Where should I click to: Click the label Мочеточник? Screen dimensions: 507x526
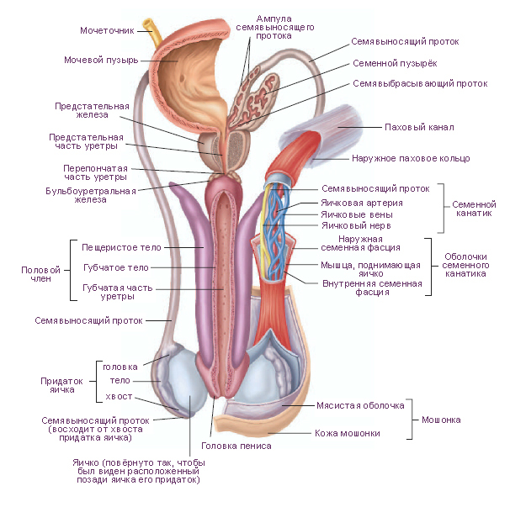pyautogui.click(x=106, y=31)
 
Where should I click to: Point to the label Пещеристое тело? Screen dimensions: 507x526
pyautogui.click(x=121, y=248)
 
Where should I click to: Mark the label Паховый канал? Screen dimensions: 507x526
pyautogui.click(x=418, y=128)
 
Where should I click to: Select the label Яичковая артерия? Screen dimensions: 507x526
pyautogui.click(x=362, y=203)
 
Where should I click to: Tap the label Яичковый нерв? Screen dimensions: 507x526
pyautogui.click(x=357, y=226)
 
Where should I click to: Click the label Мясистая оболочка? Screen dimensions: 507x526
pyautogui.click(x=361, y=405)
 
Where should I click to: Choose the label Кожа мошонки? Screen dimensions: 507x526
pyautogui.click(x=347, y=434)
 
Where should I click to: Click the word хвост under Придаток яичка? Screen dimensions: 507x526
pyautogui.click(x=119, y=396)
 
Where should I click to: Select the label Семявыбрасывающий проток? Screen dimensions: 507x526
pyautogui.click(x=420, y=84)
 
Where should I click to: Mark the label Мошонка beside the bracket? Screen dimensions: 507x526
pyautogui.click(x=441, y=420)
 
